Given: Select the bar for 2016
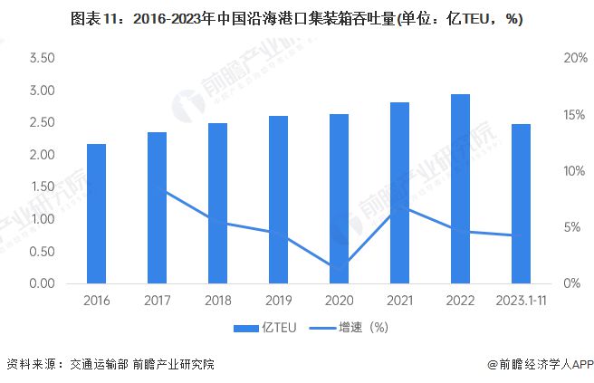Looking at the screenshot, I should point(97,214).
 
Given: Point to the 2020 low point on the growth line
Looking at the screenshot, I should point(340,266).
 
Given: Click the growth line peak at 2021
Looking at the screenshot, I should point(399,207).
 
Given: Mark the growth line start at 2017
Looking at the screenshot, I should point(158,188).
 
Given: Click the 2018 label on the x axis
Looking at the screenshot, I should point(218,301).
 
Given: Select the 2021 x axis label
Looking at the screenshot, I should point(399,301).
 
